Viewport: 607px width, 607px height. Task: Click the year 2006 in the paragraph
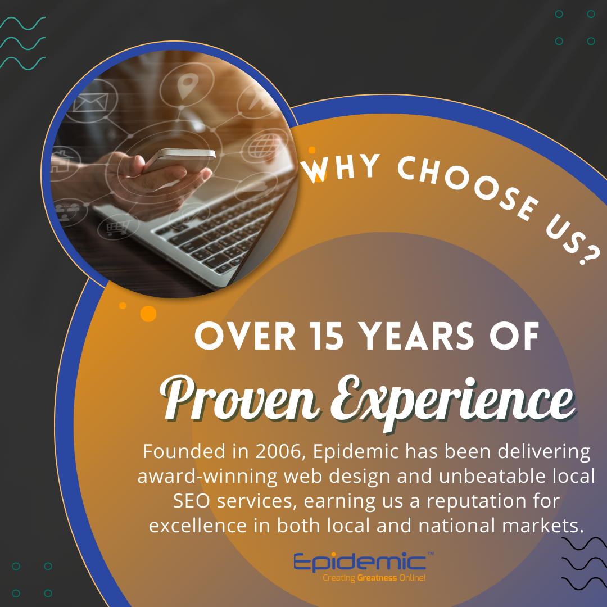click(x=278, y=451)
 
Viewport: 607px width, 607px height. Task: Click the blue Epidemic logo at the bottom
click(x=360, y=563)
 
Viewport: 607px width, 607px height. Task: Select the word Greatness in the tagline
click(x=377, y=578)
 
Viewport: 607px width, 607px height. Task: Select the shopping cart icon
click(x=117, y=228)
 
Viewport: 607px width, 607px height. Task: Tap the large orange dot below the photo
click(x=148, y=314)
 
